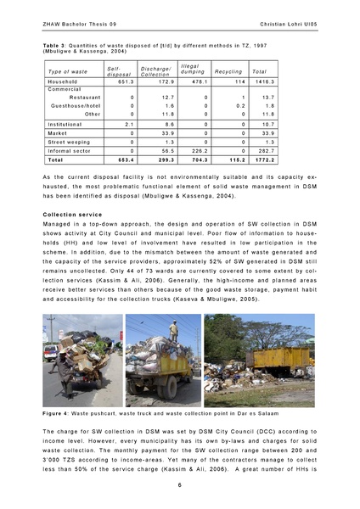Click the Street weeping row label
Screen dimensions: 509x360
70,142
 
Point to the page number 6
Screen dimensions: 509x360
179,484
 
